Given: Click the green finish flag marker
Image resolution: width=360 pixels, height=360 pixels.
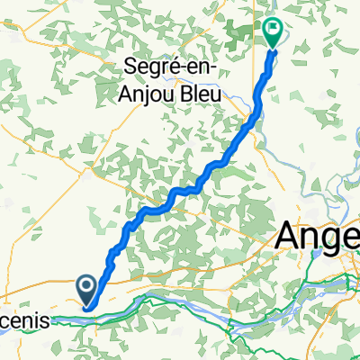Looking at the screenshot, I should [274, 32].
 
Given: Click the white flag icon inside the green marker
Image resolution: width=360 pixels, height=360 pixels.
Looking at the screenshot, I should [274, 29].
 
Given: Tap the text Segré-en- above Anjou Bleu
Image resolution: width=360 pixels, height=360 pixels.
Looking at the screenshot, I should [181, 66].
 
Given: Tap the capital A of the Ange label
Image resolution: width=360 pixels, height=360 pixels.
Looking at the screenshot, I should [288, 236].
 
